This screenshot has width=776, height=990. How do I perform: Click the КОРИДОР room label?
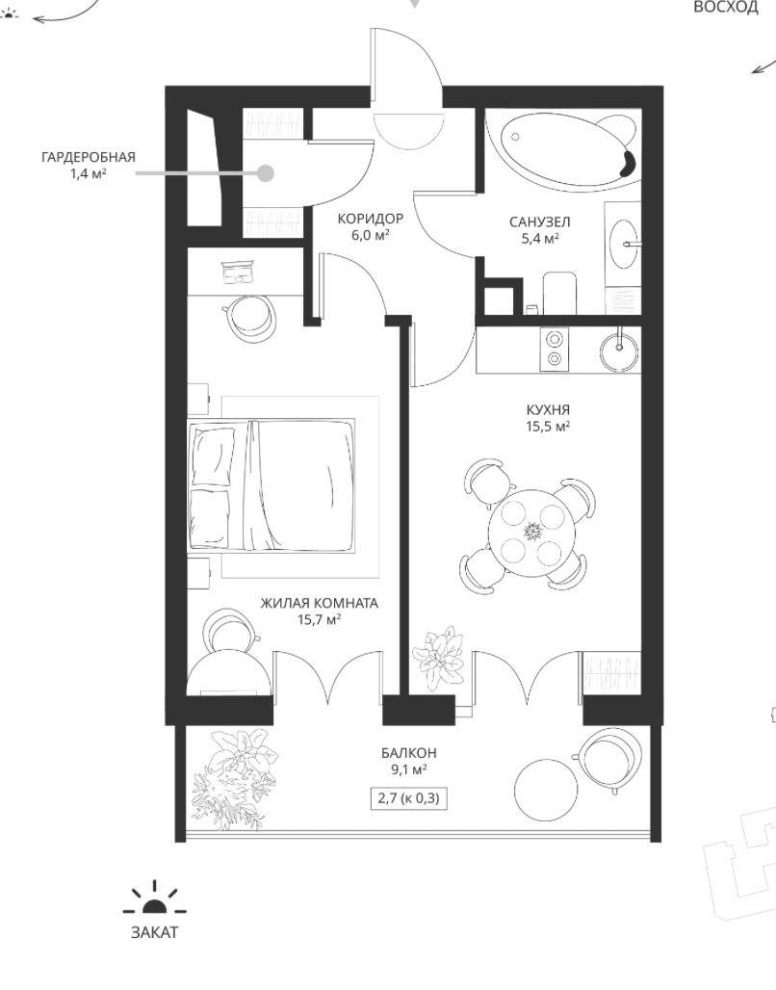(370, 219)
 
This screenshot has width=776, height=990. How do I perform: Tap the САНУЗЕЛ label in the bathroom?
(540, 222)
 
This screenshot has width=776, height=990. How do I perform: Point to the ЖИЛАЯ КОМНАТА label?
(320, 603)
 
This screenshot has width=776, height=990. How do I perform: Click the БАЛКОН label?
(408, 753)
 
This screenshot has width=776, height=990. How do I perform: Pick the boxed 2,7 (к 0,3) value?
(408, 798)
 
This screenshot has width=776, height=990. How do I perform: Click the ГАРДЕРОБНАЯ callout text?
(89, 157)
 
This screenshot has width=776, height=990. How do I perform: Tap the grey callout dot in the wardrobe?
(266, 173)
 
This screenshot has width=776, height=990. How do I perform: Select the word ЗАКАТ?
(155, 932)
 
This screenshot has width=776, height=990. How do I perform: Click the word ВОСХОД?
(726, 8)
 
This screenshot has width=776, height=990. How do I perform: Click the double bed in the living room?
(271, 484)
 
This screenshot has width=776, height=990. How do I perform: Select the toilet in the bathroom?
(560, 293)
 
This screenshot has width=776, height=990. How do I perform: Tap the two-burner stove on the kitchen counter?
(555, 350)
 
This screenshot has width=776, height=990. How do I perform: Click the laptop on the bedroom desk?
(238, 273)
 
